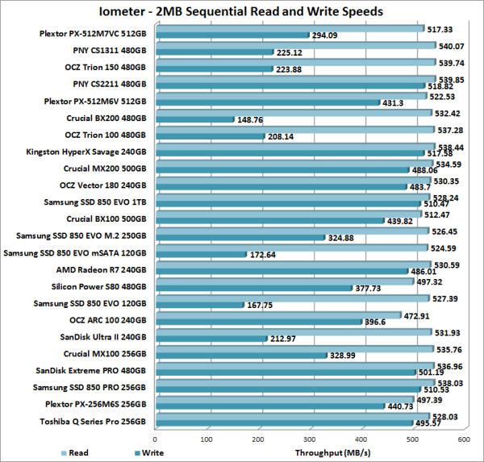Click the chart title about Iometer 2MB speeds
pos(242,11)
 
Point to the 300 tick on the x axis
pos(309,439)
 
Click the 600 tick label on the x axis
pos(463,439)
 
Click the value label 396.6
pos(373,323)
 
